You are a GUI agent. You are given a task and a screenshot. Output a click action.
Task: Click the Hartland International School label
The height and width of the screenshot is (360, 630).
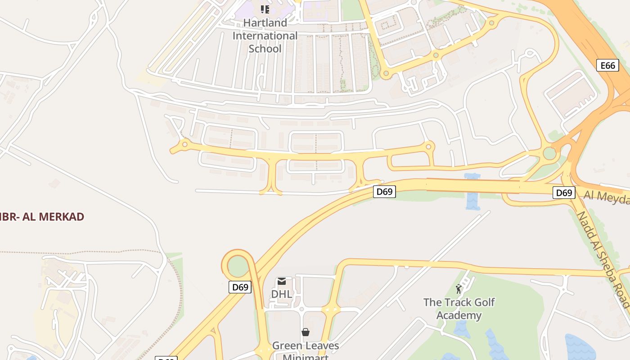(x=265, y=36)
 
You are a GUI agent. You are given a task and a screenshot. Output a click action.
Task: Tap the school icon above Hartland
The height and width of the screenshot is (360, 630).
(x=265, y=9)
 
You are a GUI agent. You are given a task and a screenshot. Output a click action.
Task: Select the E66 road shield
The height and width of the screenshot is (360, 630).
(x=607, y=65)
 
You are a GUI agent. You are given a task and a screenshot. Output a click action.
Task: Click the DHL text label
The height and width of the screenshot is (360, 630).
(x=282, y=294)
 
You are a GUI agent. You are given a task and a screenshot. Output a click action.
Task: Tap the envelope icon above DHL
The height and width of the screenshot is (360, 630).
(x=282, y=281)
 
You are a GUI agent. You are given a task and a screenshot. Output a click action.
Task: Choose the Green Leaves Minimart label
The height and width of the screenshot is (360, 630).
(x=306, y=351)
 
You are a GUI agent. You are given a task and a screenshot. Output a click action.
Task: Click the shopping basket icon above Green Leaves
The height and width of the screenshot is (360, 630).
(x=306, y=332)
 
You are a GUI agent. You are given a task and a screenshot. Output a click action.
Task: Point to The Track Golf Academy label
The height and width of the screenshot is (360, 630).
(x=459, y=309)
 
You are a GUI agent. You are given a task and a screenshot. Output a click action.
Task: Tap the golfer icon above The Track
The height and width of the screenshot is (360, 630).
(x=459, y=288)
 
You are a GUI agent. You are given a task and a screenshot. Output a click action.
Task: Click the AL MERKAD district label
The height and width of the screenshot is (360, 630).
(x=43, y=216)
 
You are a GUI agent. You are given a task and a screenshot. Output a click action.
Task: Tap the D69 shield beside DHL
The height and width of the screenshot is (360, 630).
(x=239, y=287)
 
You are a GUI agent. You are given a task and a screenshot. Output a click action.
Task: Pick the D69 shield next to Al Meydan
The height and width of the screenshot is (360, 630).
(x=563, y=193)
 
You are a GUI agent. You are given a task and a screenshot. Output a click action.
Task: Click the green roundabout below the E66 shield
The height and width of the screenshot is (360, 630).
(x=549, y=153)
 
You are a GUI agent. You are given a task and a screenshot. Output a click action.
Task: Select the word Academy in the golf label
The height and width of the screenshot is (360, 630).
(x=459, y=315)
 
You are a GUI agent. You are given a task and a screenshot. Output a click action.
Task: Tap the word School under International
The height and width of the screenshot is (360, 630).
(x=265, y=49)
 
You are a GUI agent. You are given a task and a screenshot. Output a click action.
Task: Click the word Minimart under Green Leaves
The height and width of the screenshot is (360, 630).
(x=306, y=357)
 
